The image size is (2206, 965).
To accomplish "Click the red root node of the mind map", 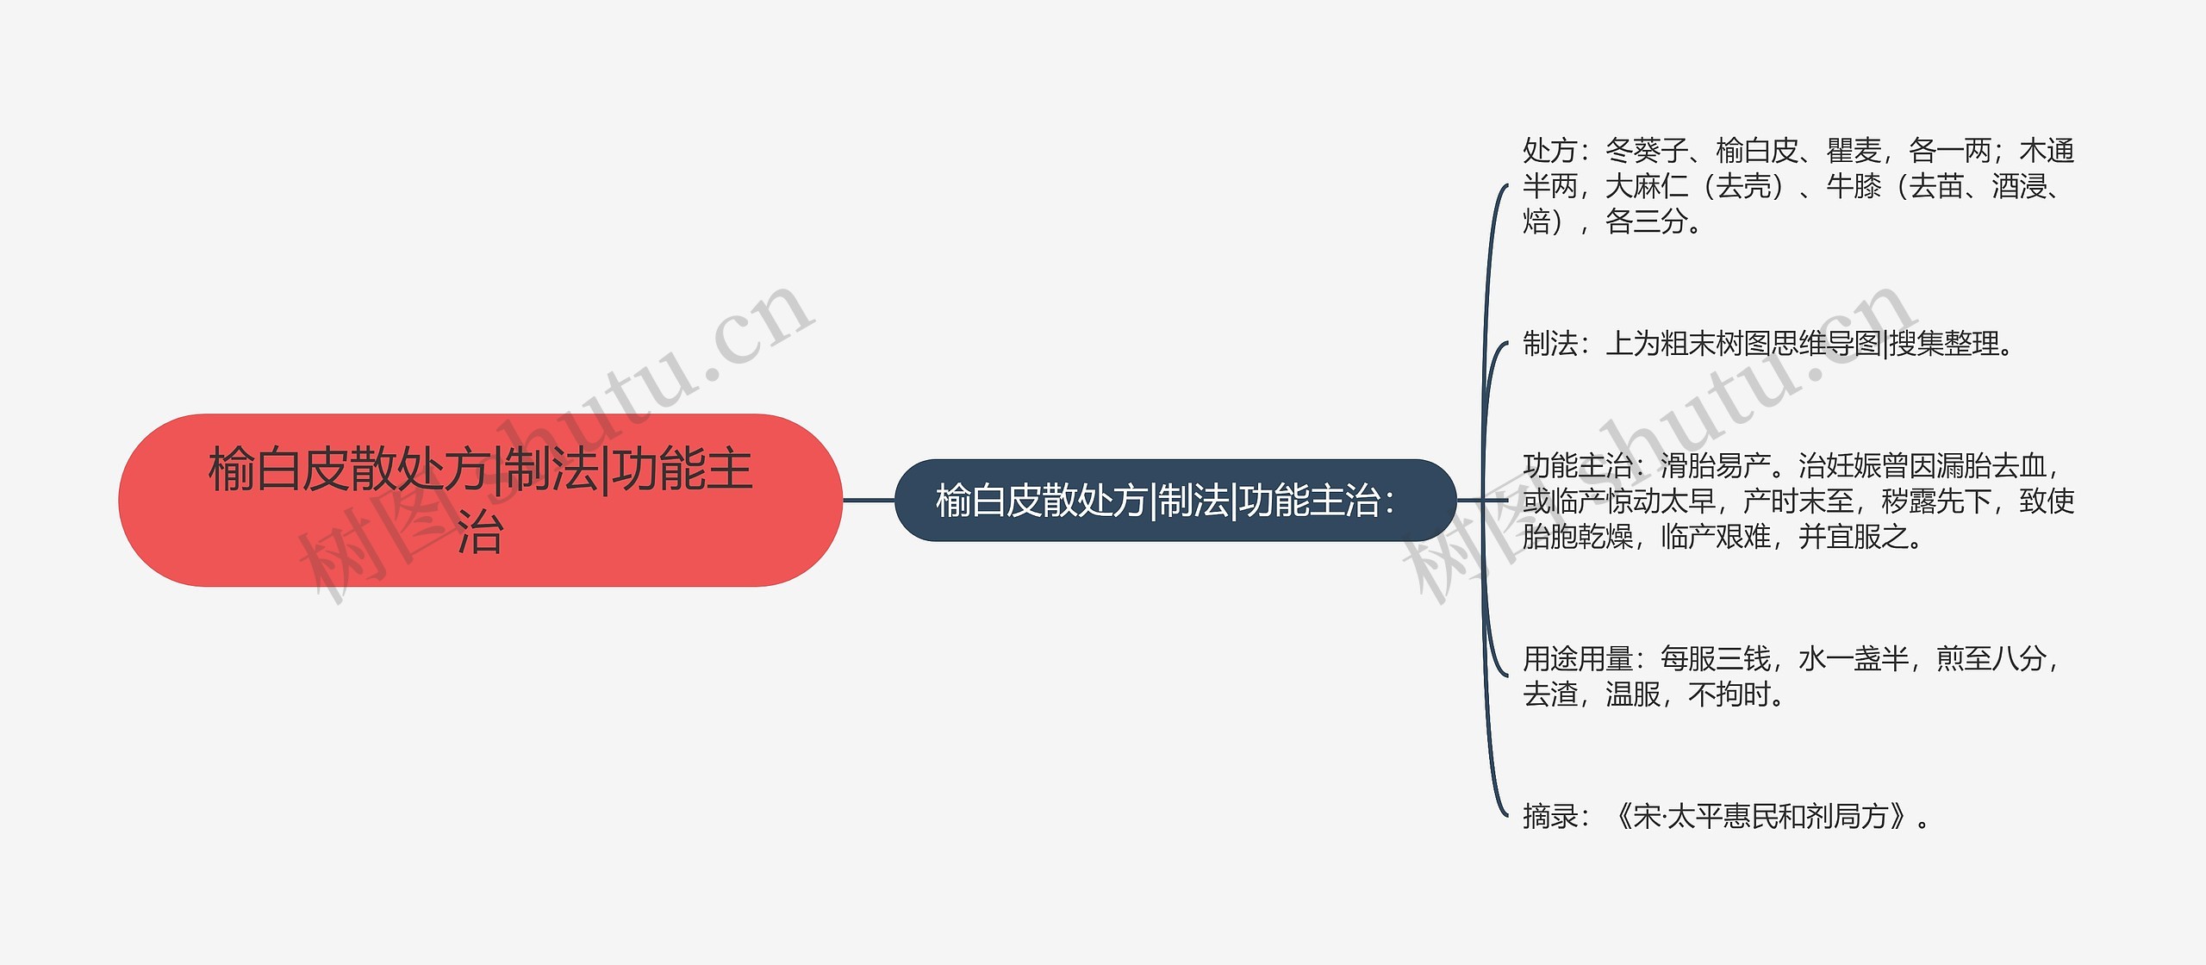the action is (480, 500).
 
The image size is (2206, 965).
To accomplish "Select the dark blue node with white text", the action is (1175, 501).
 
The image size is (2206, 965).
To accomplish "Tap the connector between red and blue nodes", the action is (869, 500).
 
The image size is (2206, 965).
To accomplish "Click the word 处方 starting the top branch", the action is (1549, 151).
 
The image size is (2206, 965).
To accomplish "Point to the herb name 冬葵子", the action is (1646, 151).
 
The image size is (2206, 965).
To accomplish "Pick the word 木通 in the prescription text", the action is (2047, 151).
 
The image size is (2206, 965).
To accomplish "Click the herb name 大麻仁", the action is (1646, 186).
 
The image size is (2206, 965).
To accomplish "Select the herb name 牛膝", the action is (1853, 186).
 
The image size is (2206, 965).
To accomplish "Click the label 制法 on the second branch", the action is (1549, 344).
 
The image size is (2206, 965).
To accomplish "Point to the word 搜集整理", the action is (1943, 344).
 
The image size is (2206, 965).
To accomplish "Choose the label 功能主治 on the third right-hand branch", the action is (1577, 466).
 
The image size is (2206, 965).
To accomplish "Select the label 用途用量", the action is (1577, 659).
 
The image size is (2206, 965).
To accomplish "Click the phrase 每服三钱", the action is (1715, 659).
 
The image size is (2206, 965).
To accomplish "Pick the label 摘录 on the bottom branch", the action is (1549, 816).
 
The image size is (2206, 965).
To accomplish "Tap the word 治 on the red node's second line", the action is (480, 532).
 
